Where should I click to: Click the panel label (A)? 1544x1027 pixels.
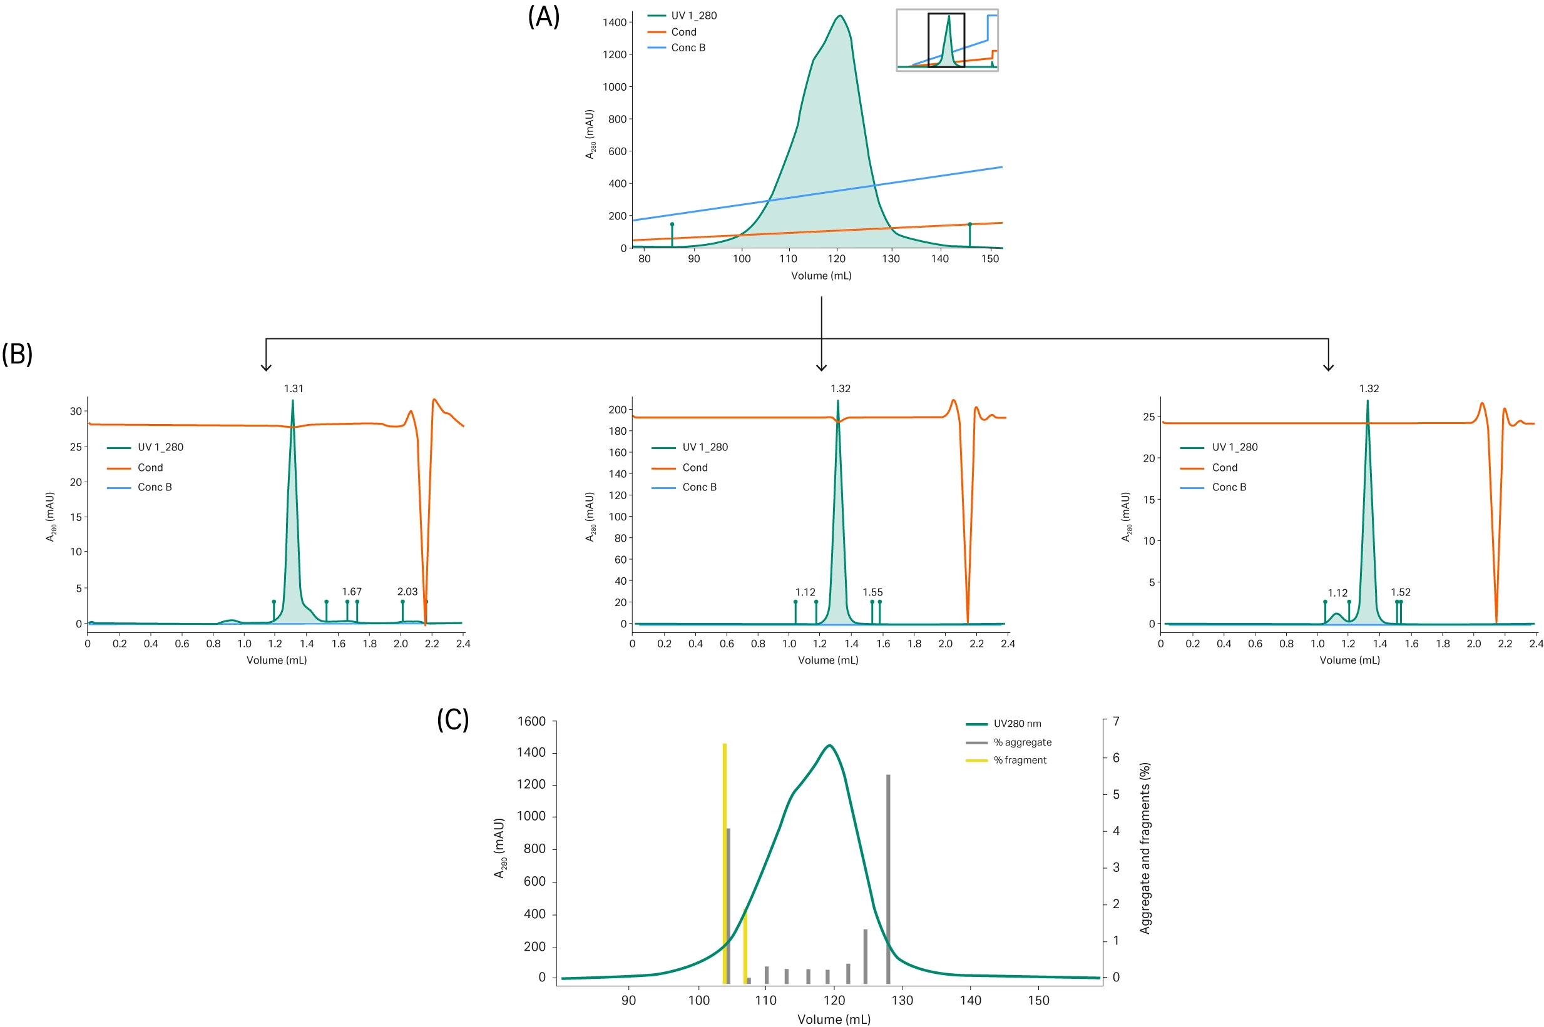click(x=543, y=17)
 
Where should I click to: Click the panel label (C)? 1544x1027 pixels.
click(x=453, y=719)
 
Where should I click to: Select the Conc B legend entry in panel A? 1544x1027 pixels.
click(x=687, y=48)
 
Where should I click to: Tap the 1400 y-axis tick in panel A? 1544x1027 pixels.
click(x=614, y=23)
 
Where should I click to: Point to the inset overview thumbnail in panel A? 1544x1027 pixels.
click(x=947, y=40)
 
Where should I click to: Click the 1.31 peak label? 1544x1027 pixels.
click(x=294, y=388)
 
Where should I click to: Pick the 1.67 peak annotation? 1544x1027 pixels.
click(x=352, y=592)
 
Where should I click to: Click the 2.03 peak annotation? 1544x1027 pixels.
click(x=407, y=592)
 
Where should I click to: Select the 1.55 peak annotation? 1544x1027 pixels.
click(x=872, y=592)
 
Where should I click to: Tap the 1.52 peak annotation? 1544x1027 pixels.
click(x=1401, y=592)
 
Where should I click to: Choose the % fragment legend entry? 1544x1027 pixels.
click(x=1020, y=760)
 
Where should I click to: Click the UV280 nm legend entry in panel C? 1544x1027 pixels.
click(x=1017, y=724)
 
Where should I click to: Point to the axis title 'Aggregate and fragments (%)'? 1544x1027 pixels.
click(x=1144, y=848)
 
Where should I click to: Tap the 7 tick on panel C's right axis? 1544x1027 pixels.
click(x=1116, y=721)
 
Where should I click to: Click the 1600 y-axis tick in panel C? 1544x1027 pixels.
click(x=531, y=721)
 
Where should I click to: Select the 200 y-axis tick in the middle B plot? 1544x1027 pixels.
click(x=617, y=409)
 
